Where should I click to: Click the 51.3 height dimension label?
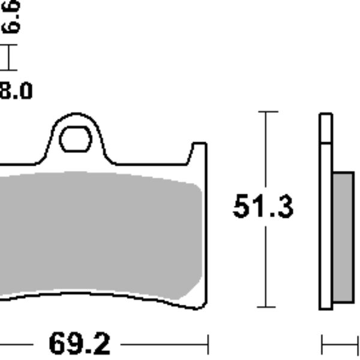tap(263, 207)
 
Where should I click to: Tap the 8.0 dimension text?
tap(16, 92)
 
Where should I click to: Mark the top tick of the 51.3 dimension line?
tap(266, 112)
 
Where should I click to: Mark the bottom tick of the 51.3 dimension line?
tap(266, 307)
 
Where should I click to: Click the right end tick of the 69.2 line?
tap(208, 345)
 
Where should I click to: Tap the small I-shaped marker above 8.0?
tap(8, 58)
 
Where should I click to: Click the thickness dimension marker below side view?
tap(339, 345)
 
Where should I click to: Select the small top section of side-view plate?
tap(325, 128)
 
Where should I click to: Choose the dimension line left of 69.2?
tap(15, 345)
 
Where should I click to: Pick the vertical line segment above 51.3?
tap(266, 150)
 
